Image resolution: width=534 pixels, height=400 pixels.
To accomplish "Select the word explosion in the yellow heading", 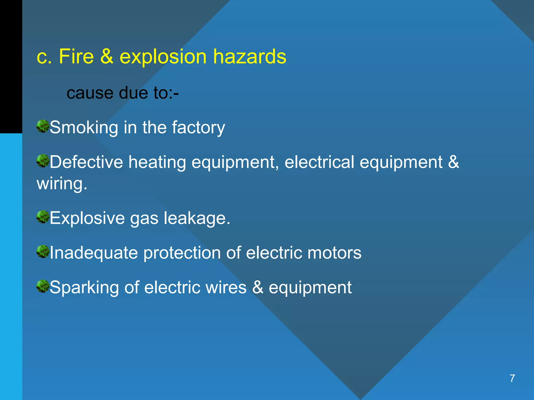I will (163, 57).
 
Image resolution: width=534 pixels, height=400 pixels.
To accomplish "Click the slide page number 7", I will (512, 378).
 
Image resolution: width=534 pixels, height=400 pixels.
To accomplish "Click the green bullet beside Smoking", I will (43, 126).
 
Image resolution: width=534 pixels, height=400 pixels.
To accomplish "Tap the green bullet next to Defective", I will (43, 161).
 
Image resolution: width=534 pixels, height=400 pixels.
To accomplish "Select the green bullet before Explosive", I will (43, 217).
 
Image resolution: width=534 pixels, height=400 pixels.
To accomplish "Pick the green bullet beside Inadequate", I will (43, 252).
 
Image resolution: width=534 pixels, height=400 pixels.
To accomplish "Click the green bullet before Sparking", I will (43, 286).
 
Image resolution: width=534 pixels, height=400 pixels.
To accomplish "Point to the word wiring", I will (62, 184).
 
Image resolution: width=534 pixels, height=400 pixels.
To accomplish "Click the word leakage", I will (197, 218).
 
